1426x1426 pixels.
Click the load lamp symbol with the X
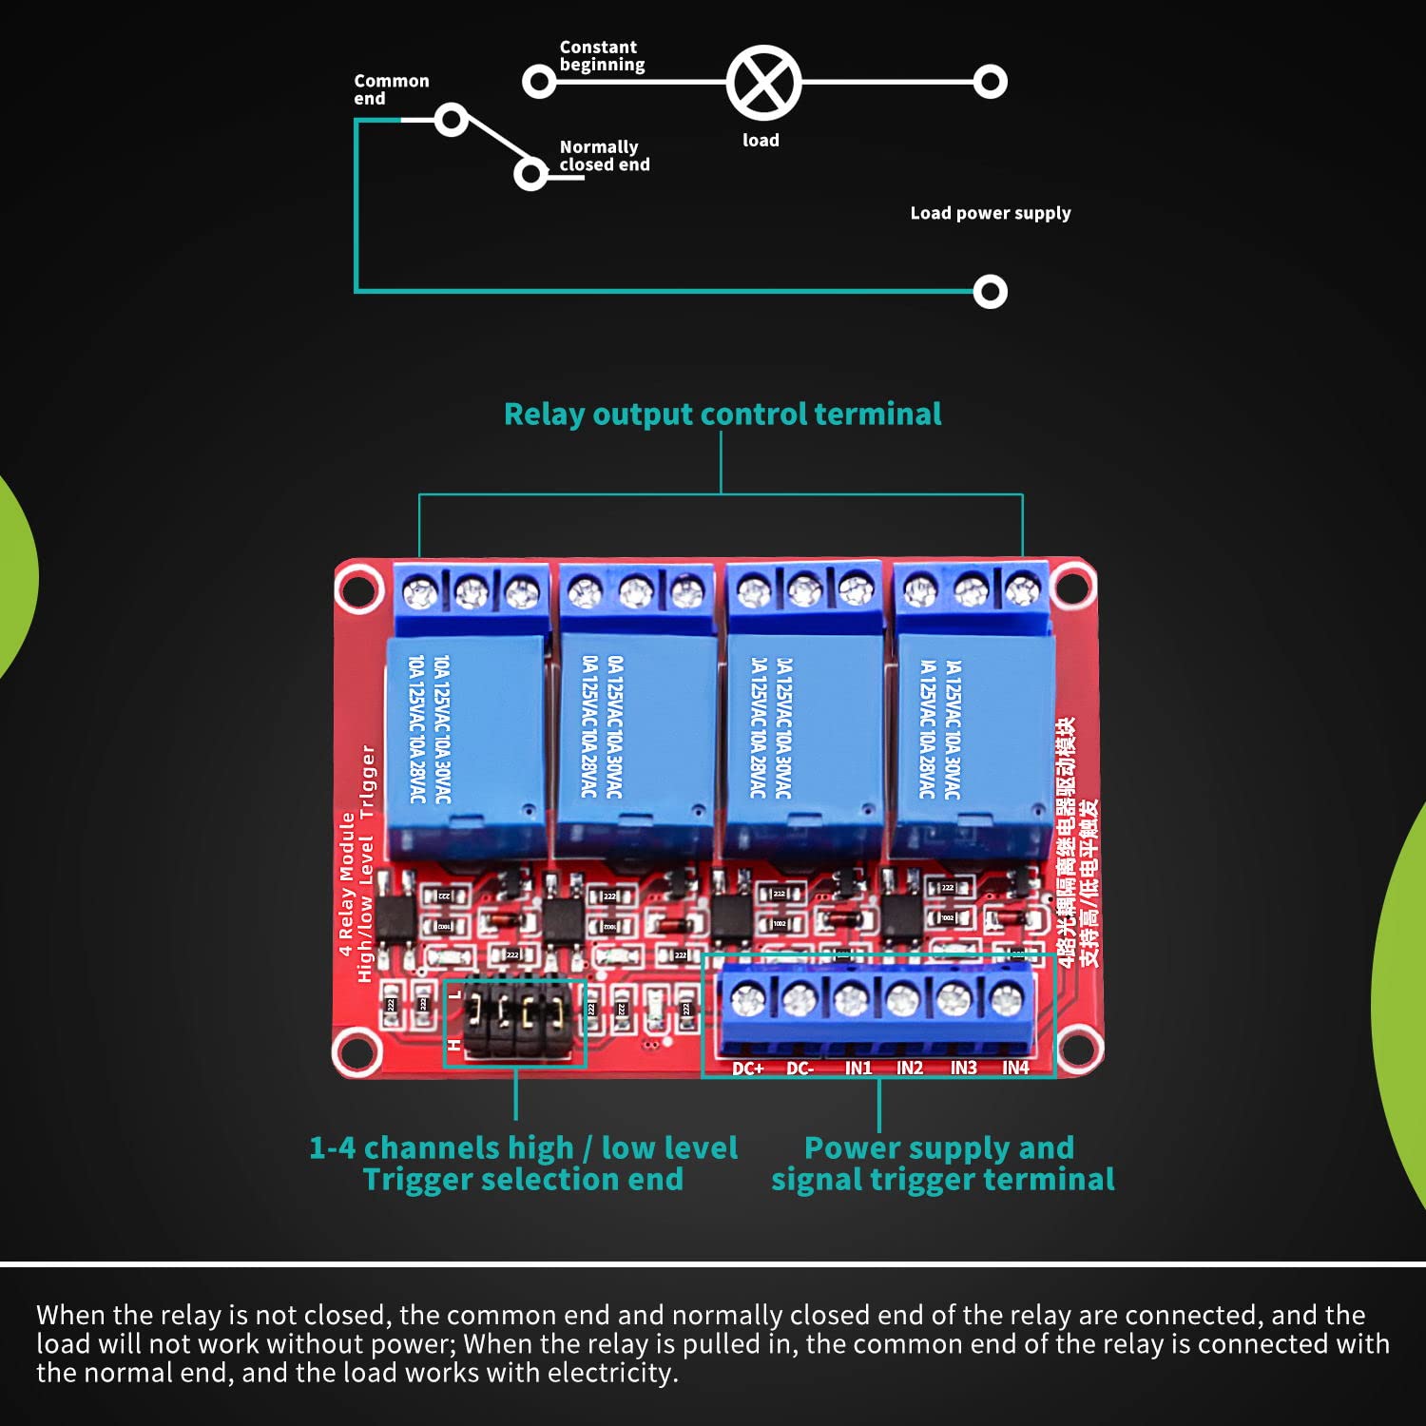click(763, 83)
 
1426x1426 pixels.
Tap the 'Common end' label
click(391, 89)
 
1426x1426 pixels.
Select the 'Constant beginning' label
click(601, 56)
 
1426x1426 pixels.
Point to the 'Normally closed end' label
click(604, 156)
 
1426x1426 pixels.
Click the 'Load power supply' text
click(990, 213)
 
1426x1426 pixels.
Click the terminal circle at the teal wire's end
click(990, 291)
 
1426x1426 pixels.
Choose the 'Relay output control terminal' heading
click(722, 414)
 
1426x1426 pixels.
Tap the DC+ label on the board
click(747, 1069)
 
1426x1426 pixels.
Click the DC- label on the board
click(800, 1069)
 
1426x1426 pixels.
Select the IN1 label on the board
click(858, 1069)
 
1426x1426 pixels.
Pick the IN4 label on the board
click(1015, 1069)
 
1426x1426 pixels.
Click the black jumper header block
click(514, 1022)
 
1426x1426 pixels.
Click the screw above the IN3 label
click(953, 999)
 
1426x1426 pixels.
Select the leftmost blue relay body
click(466, 742)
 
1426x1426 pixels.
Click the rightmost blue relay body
click(968, 742)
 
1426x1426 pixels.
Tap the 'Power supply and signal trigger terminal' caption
click(941, 1164)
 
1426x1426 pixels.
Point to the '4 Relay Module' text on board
click(347, 884)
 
